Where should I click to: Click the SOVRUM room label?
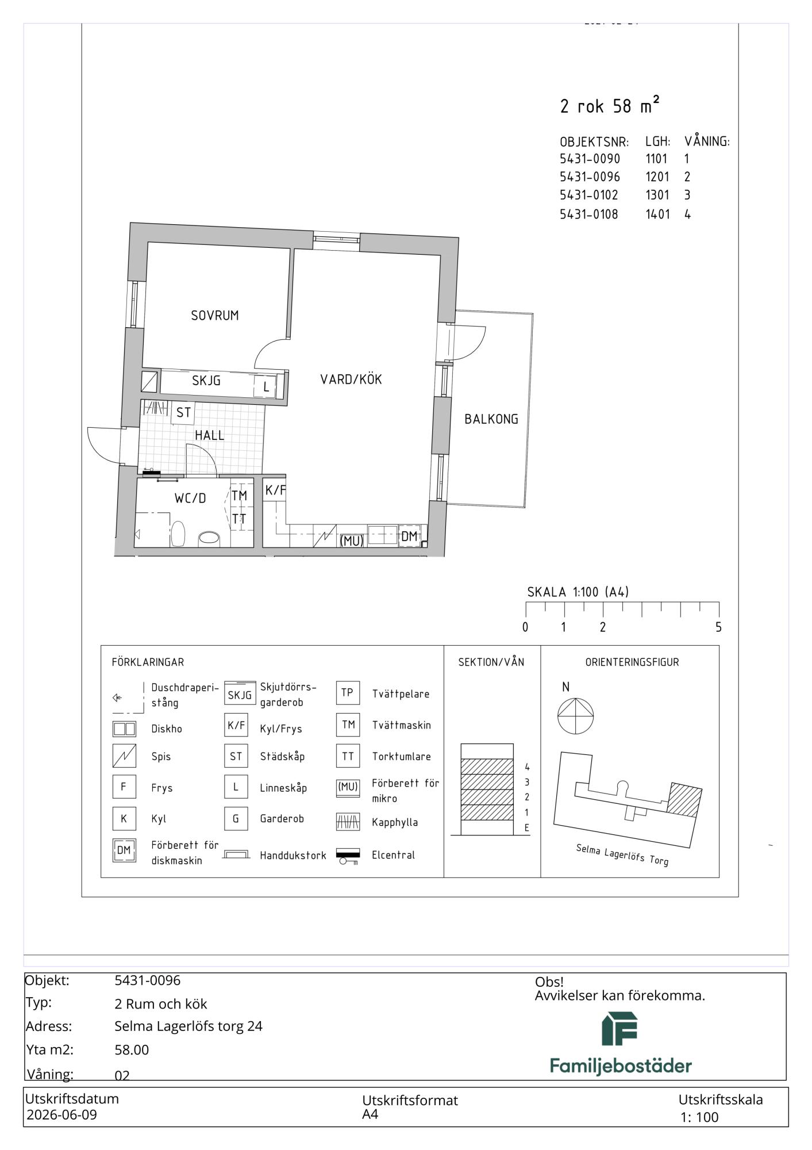point(215,316)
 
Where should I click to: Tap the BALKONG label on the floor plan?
point(491,419)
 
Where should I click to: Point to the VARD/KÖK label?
point(351,379)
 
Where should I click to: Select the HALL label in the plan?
point(209,435)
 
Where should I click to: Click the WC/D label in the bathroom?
point(190,498)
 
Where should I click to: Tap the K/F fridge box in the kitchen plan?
point(275,490)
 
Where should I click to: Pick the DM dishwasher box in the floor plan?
point(409,536)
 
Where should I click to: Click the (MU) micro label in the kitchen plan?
point(352,541)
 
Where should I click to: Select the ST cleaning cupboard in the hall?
point(183,413)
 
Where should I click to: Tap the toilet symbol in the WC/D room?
point(178,534)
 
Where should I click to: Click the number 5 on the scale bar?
point(718,627)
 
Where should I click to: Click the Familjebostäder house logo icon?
point(619,1029)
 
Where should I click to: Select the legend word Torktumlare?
point(401,757)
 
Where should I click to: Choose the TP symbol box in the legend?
point(348,693)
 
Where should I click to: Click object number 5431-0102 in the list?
point(589,195)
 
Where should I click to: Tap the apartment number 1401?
point(657,214)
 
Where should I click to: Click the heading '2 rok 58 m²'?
point(610,105)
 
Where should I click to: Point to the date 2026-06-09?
point(62,1115)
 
